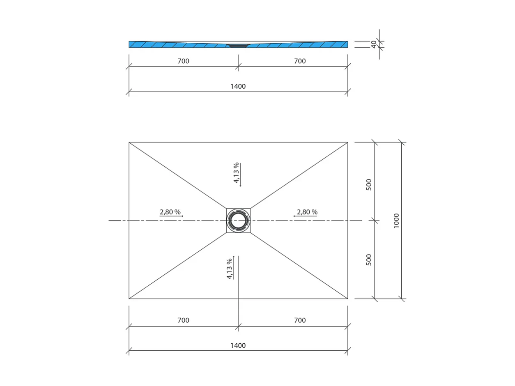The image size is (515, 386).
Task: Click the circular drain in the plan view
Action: point(238,221)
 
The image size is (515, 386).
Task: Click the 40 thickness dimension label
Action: point(374,44)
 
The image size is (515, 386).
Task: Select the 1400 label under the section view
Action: point(238,86)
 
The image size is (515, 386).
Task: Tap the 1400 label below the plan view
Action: point(238,346)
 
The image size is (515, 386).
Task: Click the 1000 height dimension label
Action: point(396,221)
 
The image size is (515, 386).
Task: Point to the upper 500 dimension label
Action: point(369,184)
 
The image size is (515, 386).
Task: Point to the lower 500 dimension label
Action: point(369,260)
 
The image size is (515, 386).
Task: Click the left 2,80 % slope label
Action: point(170,212)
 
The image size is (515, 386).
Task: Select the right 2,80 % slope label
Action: point(307,212)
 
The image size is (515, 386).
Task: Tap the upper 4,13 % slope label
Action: point(236,173)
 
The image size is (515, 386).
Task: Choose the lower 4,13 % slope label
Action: point(229,269)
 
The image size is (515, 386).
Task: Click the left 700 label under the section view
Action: point(183,61)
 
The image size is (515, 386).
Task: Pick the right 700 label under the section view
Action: point(300,61)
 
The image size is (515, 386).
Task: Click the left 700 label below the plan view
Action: point(183,320)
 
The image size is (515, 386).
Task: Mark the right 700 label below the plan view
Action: point(300,320)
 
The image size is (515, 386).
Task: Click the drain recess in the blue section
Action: point(238,46)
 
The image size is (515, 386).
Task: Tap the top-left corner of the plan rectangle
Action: point(129,142)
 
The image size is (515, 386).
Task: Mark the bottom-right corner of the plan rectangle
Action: point(348,299)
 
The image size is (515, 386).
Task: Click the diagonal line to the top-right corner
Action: point(299,175)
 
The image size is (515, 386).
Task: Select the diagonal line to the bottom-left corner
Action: point(177,266)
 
